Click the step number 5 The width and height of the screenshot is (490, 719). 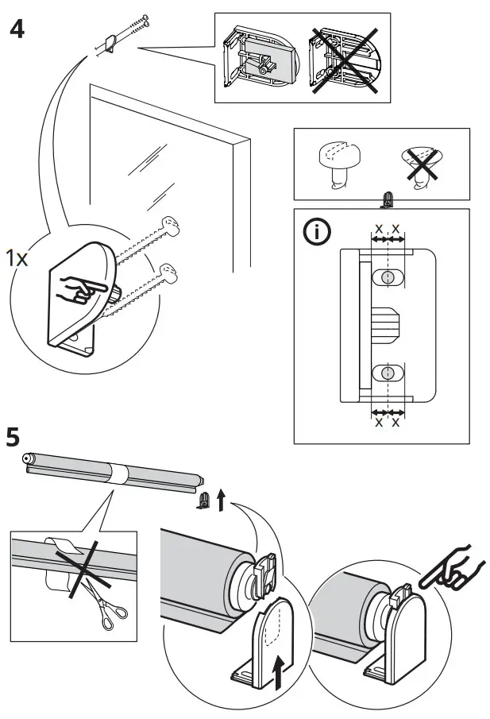pyautogui.click(x=14, y=438)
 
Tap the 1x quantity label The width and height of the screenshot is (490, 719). pyautogui.click(x=17, y=258)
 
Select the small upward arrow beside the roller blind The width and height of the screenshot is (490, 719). pyautogui.click(x=221, y=500)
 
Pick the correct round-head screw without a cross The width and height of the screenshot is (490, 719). pyautogui.click(x=338, y=163)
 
